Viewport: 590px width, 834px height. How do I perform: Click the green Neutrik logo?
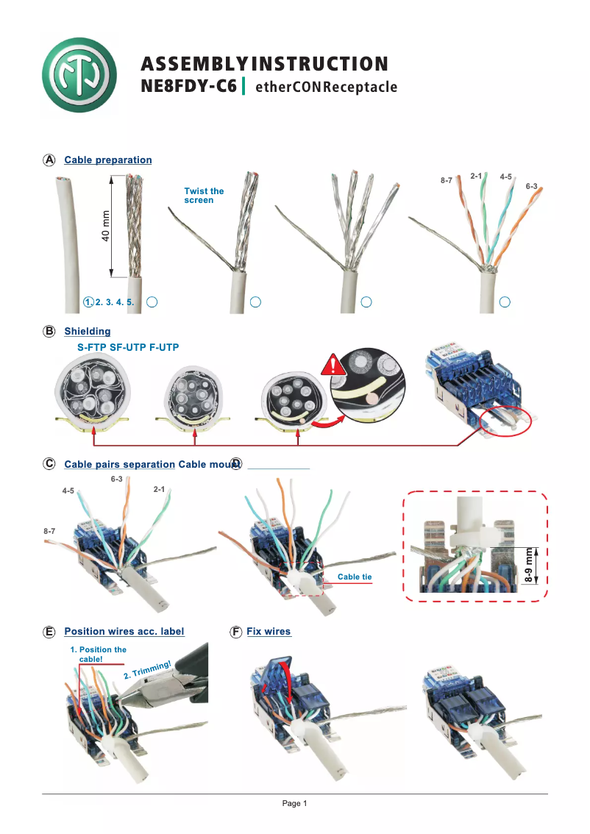coord(79,75)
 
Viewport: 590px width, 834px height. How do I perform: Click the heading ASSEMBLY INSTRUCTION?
coord(264,64)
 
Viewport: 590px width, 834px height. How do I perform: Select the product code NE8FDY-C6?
coord(188,87)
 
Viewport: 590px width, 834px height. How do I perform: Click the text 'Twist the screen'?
coord(204,196)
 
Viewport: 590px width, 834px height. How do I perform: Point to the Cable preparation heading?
coord(108,160)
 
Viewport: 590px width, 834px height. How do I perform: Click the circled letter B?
coord(49,332)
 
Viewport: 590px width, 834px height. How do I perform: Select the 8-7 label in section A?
coord(447,180)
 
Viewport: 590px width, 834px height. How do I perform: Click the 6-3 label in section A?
coord(531,187)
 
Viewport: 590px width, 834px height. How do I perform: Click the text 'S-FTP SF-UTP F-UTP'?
coord(129,346)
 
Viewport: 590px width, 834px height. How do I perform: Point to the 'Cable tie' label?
coord(354,577)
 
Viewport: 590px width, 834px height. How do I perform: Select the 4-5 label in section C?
coord(68,490)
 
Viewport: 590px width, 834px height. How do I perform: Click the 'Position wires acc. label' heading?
coord(124,631)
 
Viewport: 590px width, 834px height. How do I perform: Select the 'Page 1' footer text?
coord(294,803)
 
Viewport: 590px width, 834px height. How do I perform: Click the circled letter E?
coord(49,632)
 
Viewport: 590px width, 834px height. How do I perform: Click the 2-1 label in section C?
coord(159,488)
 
